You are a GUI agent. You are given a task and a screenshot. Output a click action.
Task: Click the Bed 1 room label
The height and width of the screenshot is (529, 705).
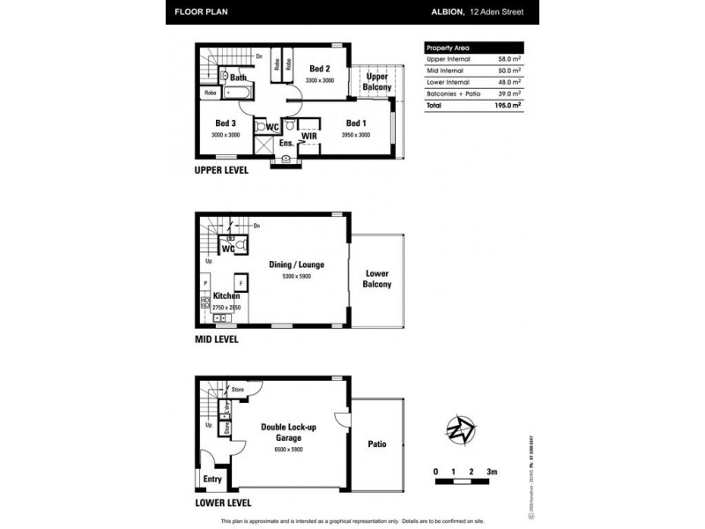[356, 123]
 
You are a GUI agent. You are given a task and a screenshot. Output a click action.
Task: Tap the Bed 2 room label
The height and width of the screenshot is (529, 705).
[320, 69]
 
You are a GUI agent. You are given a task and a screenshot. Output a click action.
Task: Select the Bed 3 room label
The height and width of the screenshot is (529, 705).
[226, 123]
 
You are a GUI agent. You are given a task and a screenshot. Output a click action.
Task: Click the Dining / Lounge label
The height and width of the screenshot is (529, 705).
[297, 264]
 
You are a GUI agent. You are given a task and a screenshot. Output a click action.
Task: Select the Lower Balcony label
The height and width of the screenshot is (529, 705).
[377, 279]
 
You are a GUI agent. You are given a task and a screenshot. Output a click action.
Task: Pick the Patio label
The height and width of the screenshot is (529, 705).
[377, 443]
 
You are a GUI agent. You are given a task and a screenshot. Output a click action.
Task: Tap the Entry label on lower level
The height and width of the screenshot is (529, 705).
[213, 479]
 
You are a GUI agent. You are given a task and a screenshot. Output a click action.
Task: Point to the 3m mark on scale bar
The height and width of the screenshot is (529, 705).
[493, 473]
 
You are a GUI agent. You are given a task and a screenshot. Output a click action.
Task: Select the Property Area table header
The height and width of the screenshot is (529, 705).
[448, 48]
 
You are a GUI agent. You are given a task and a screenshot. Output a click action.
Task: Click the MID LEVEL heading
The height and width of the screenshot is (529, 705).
[216, 339]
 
